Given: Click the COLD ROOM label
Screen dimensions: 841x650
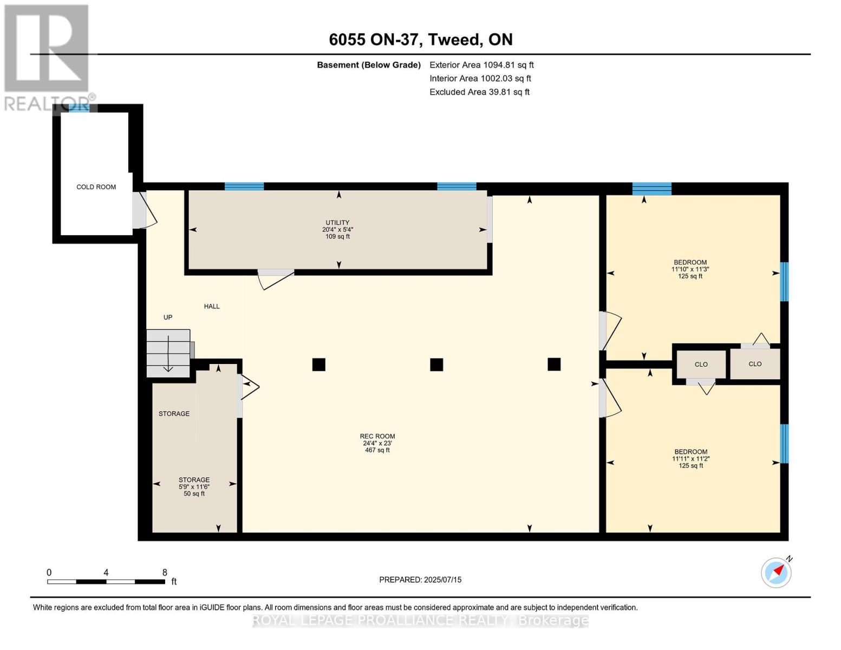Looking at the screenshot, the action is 96,187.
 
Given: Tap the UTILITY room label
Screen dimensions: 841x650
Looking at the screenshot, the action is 337,223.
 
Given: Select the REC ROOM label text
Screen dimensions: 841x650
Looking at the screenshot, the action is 377,436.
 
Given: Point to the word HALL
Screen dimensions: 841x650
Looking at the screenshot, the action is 212,306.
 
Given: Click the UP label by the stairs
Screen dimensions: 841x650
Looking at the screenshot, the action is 167,317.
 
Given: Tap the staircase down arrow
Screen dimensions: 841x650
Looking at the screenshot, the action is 168,354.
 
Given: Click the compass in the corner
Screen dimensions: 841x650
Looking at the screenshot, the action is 777,573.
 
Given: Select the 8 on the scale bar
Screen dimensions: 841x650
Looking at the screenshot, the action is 165,573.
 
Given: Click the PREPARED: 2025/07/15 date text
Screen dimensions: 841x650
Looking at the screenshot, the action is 420,580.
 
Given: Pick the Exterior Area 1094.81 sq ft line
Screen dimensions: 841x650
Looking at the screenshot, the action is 481,65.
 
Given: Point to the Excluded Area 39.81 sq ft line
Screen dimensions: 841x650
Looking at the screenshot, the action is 479,92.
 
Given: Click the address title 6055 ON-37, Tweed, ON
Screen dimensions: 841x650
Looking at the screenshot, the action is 421,40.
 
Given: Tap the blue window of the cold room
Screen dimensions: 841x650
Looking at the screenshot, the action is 79,108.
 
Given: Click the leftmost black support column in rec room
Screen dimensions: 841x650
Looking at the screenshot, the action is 319,365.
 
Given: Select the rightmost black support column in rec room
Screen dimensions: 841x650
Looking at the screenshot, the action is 554,365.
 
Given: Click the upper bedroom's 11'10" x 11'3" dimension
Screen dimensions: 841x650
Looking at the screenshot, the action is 690,269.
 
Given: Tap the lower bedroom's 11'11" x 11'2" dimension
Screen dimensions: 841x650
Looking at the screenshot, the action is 691,459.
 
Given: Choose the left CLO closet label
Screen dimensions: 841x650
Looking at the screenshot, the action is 701,365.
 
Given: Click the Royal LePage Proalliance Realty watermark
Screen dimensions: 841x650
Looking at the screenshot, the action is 420,621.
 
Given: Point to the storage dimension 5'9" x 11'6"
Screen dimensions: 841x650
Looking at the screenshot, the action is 194,486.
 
